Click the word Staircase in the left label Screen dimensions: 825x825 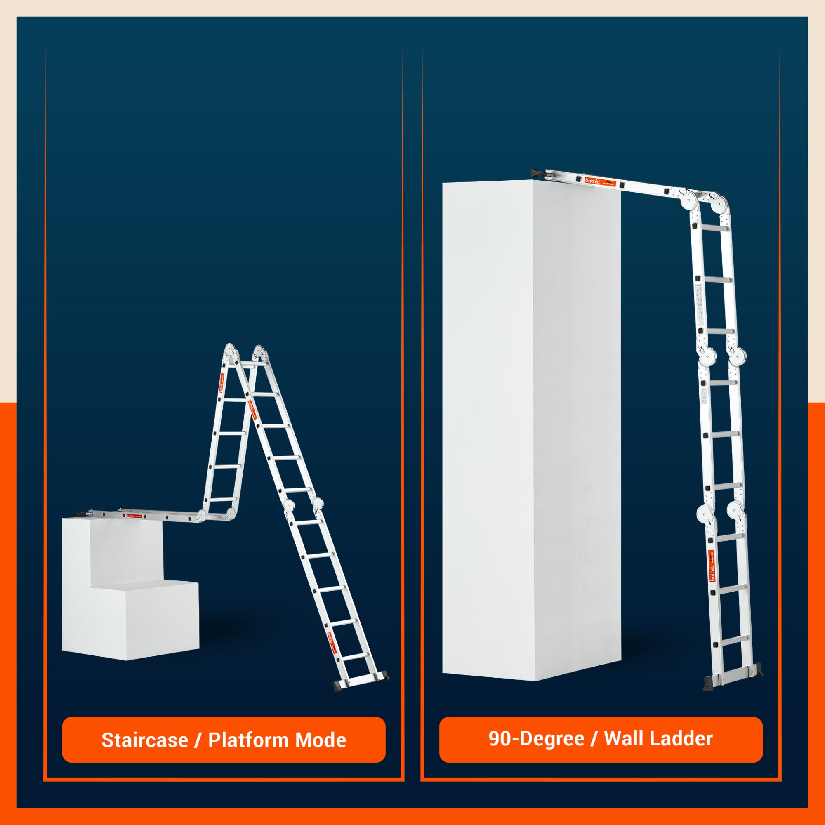[x=145, y=740]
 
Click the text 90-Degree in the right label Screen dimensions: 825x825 [x=536, y=738]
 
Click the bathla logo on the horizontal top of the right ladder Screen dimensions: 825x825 [x=593, y=181]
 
